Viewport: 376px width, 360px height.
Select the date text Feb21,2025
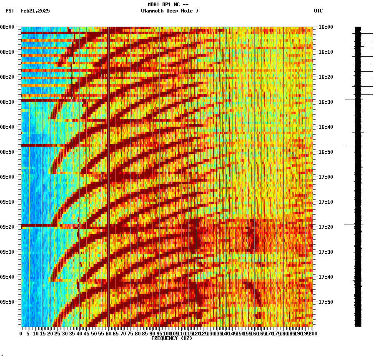click(x=35, y=11)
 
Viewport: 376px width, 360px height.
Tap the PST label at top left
click(x=10, y=11)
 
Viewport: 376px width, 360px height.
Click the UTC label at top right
click(x=318, y=11)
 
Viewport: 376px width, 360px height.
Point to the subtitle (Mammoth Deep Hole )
click(x=170, y=11)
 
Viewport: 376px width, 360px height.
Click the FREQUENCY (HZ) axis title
click(x=172, y=338)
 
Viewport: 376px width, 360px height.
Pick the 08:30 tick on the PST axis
click(x=7, y=102)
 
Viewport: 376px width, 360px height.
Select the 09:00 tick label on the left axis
click(x=7, y=177)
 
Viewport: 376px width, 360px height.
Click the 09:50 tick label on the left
click(x=7, y=302)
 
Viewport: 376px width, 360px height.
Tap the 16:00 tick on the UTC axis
click(x=326, y=27)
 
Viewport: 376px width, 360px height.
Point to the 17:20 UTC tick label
click(x=326, y=227)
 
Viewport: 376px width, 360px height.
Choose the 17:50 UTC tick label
click(x=326, y=302)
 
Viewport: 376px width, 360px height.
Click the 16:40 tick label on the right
click(x=326, y=127)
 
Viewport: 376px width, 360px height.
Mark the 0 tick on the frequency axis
click(x=21, y=333)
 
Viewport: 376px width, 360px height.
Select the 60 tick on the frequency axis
click(x=108, y=333)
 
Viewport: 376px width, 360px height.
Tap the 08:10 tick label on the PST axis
click(x=7, y=52)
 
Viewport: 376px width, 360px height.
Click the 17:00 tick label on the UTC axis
click(x=326, y=177)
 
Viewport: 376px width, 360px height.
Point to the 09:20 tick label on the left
click(x=7, y=227)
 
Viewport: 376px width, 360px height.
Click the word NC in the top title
click(x=177, y=5)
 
